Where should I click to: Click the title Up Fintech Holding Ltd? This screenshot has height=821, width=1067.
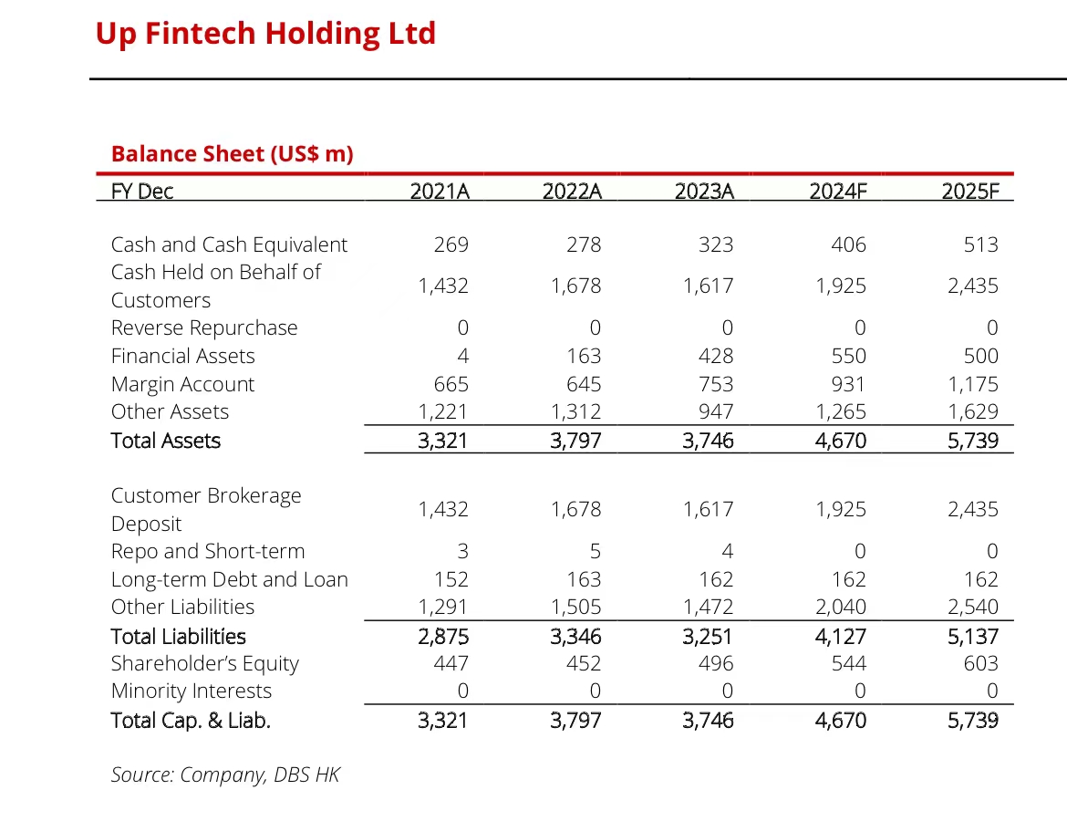265,34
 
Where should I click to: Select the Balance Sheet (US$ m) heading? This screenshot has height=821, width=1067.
232,153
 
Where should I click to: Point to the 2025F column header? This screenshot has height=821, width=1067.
969,192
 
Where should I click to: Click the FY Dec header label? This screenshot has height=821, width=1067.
141,192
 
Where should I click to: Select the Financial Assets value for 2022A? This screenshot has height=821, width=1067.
584,356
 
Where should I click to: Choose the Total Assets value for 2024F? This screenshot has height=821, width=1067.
841,441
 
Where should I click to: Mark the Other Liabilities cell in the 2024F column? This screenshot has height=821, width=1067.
841,607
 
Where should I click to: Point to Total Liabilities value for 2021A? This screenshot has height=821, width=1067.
443,636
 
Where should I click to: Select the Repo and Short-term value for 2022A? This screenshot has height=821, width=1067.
595,551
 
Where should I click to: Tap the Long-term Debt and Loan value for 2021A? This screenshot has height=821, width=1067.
451,579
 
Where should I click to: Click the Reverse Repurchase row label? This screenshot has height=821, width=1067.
204,327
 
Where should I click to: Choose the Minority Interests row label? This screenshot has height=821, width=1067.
192,691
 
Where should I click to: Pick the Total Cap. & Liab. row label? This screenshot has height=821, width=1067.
191,720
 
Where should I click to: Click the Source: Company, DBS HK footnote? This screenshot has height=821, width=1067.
225,774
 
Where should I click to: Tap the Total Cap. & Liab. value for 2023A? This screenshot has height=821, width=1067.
708,720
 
